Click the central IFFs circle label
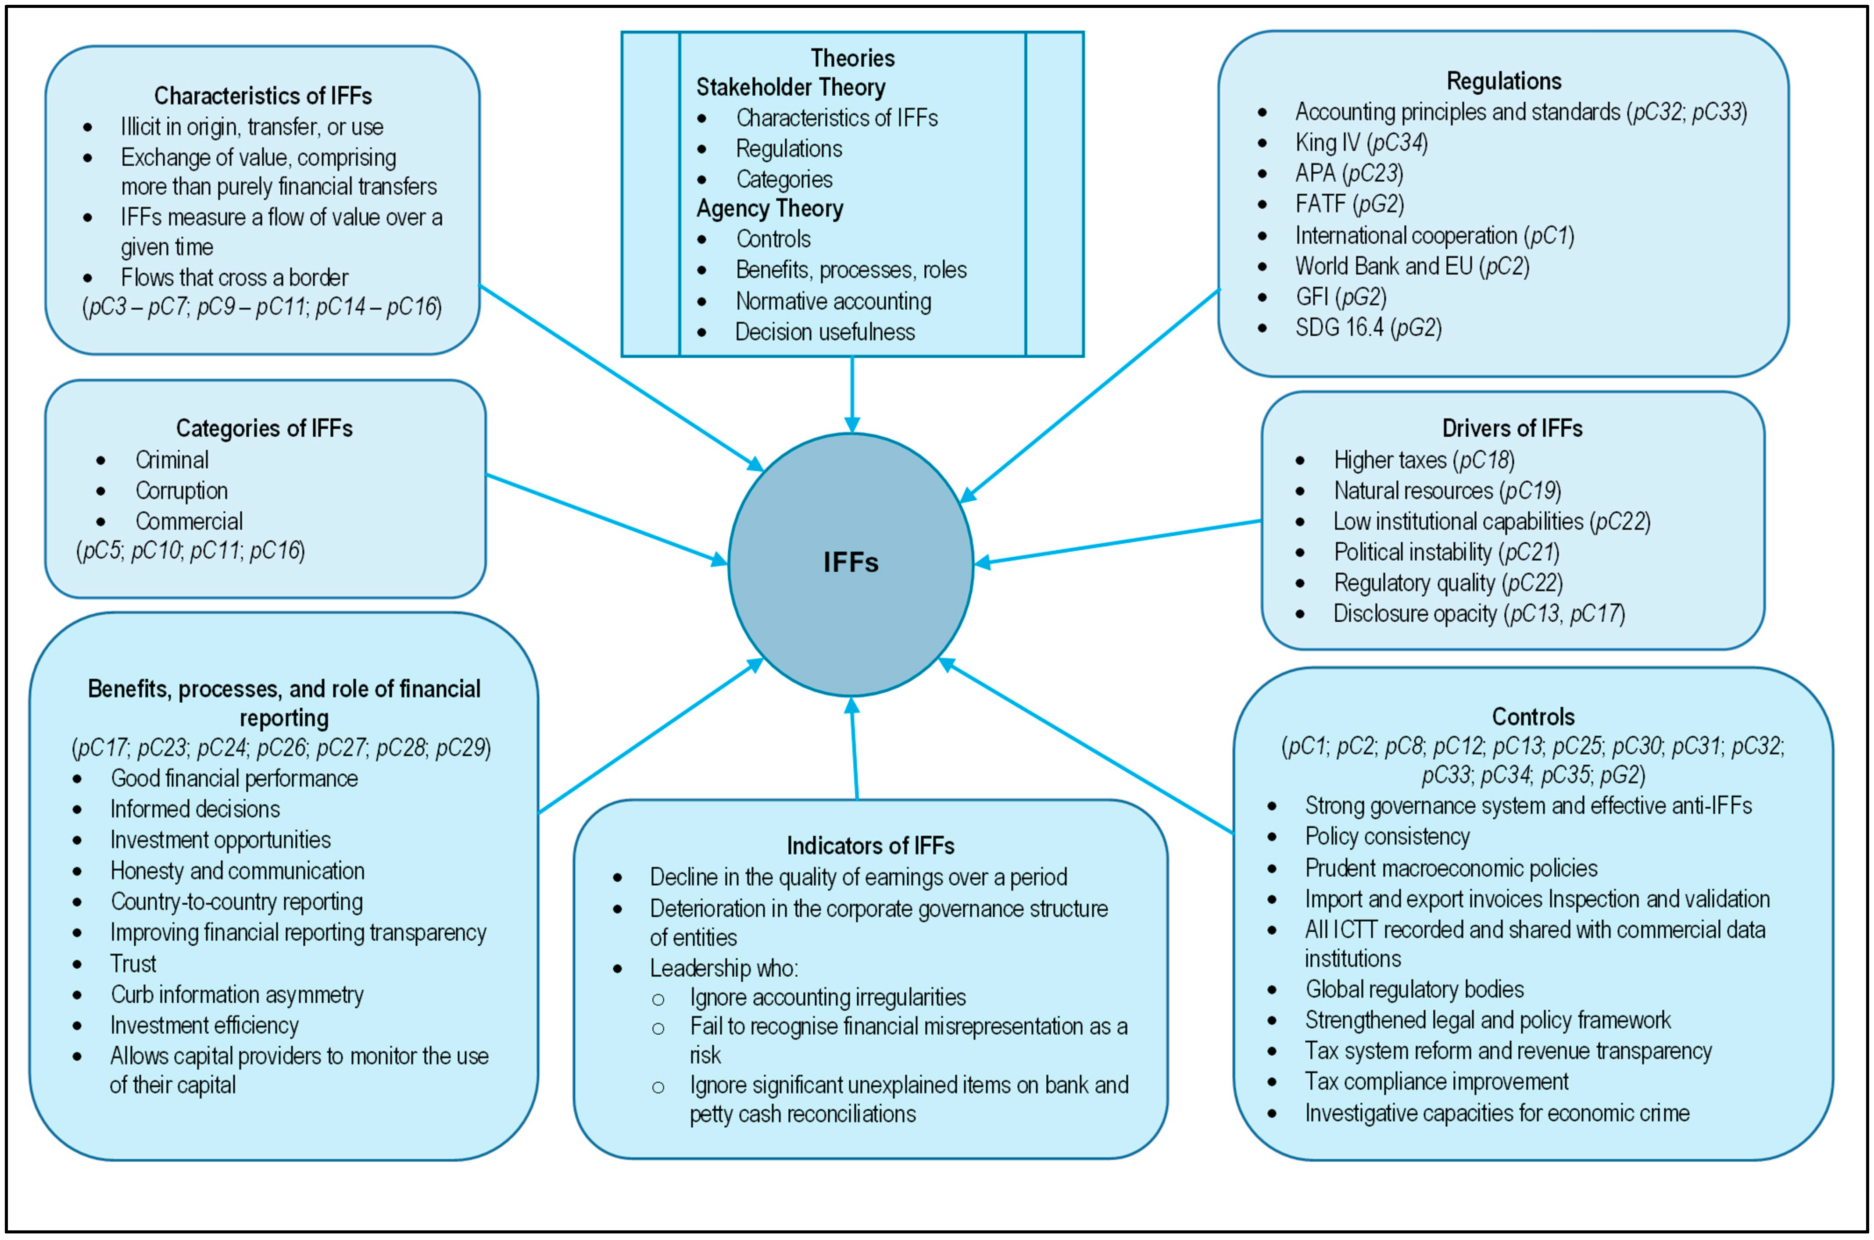[851, 562]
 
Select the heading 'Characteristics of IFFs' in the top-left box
[263, 96]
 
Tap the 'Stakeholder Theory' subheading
[790, 87]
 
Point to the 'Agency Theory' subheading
[770, 209]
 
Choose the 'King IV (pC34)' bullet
[1361, 143]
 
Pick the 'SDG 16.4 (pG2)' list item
[1368, 328]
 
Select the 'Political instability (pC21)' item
[1446, 552]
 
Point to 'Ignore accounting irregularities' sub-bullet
[827, 997]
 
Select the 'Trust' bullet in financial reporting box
[133, 964]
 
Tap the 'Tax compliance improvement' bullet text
[1436, 1082]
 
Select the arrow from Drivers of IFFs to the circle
[1116, 542]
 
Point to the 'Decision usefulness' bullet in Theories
[824, 332]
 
